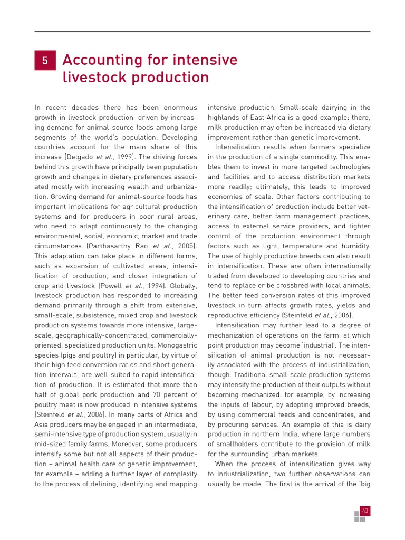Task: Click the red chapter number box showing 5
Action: tap(45, 61)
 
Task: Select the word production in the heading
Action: tap(170, 78)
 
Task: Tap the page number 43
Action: tap(364, 510)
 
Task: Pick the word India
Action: tap(295, 434)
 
